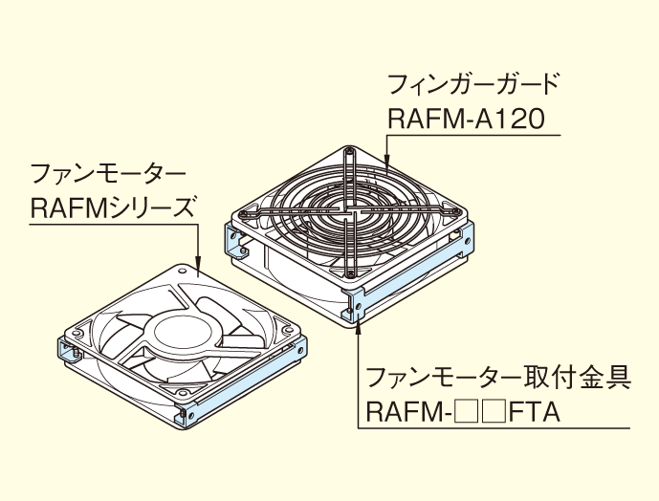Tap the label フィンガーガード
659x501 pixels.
pyautogui.click(x=472, y=84)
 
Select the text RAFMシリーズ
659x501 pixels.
pyautogui.click(x=112, y=207)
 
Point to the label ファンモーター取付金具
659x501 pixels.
pyautogui.click(x=498, y=376)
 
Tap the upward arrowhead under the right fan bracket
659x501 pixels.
pyautogui.click(x=358, y=325)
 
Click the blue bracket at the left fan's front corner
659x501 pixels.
pyautogui.click(x=187, y=411)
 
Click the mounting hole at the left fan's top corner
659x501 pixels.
pyautogui.click(x=182, y=270)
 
